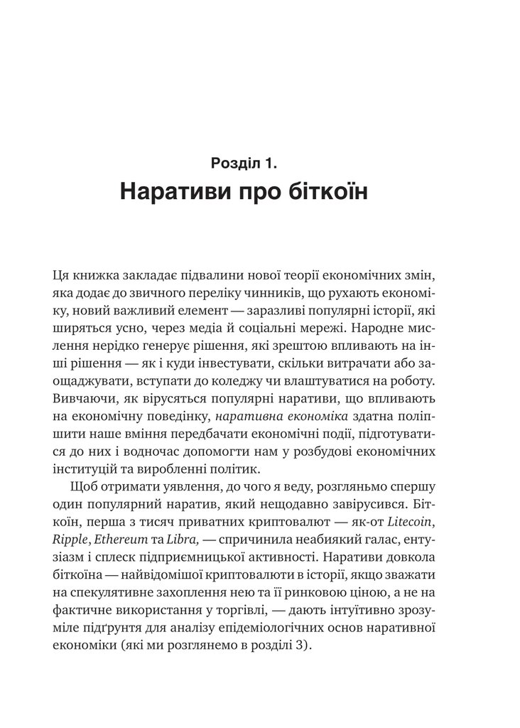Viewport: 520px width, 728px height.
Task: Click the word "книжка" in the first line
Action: click(98, 275)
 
